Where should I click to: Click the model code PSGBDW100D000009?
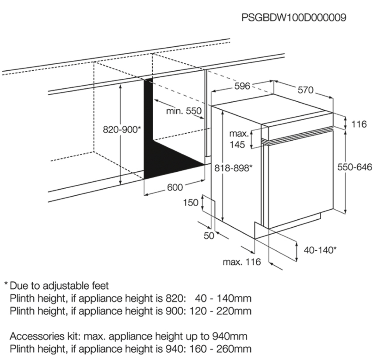click(293, 17)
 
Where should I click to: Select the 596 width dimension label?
click(242, 86)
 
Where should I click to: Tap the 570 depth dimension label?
click(305, 90)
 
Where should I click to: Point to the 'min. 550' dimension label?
click(184, 111)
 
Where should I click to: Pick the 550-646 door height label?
click(355, 167)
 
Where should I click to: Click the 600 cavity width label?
click(175, 187)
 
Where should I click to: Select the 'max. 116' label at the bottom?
click(242, 262)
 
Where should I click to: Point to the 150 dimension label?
click(191, 203)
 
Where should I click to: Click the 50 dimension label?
click(209, 236)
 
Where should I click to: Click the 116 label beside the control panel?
click(359, 124)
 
